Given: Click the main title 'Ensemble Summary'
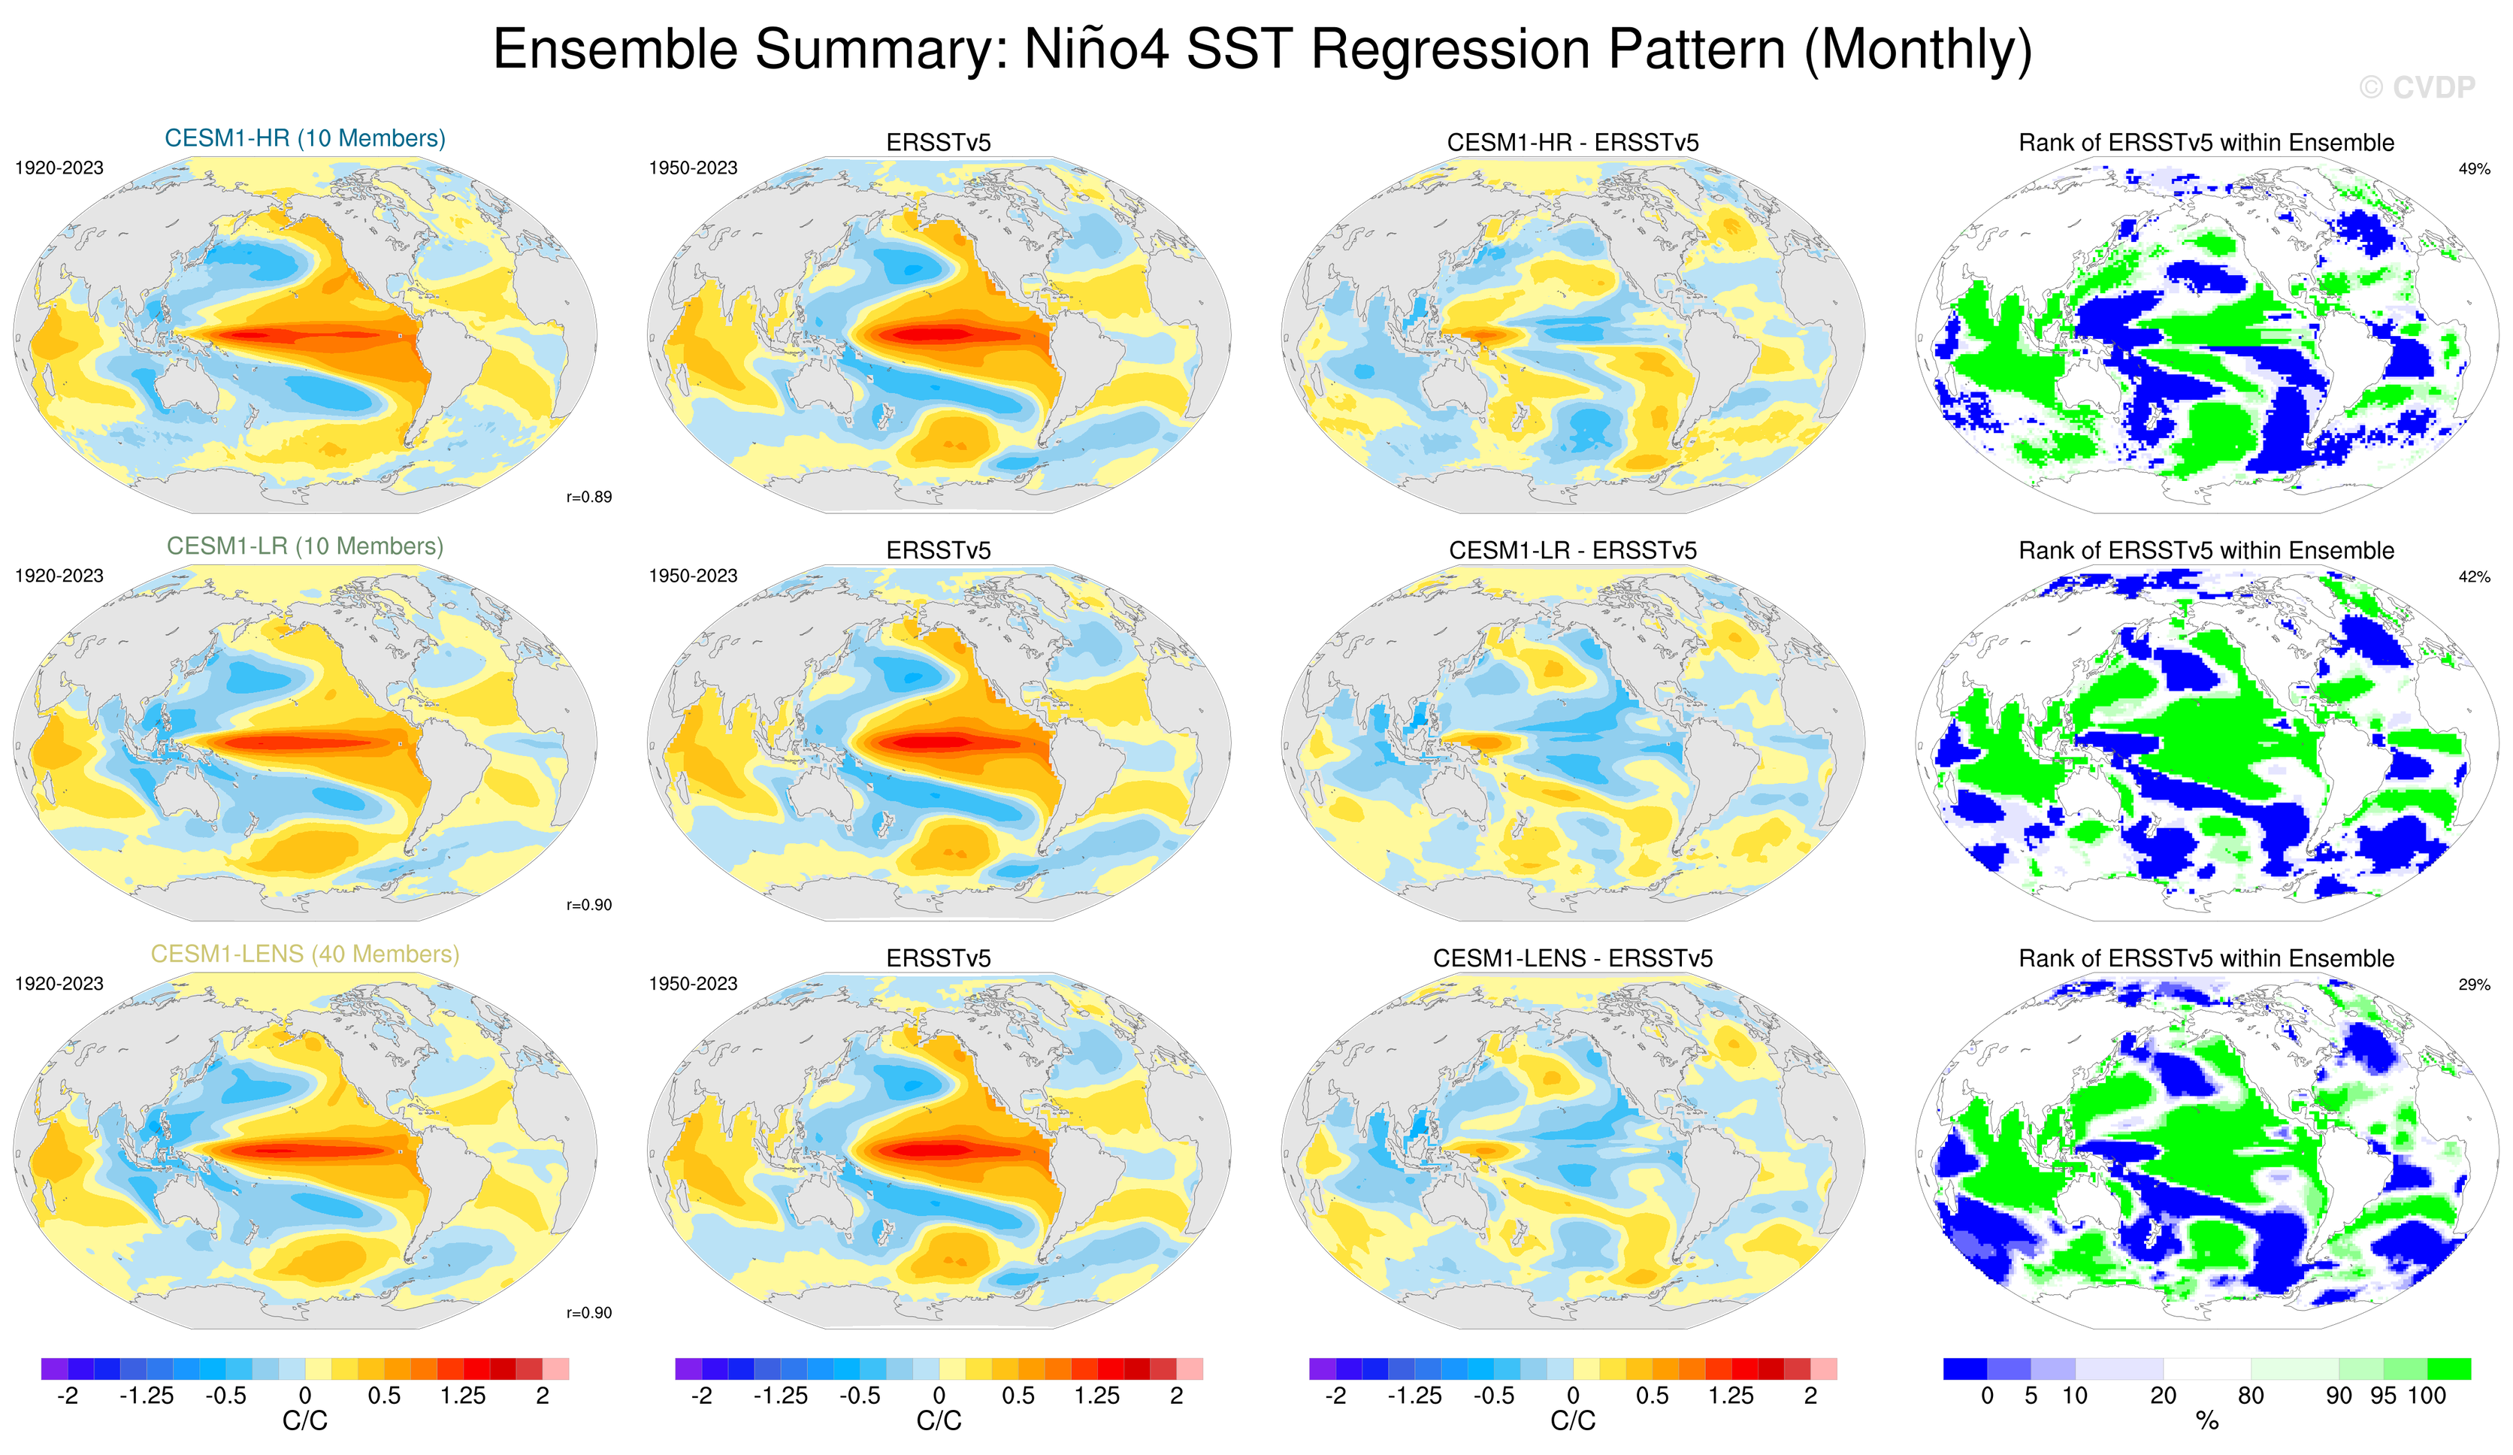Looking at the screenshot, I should (1262, 50).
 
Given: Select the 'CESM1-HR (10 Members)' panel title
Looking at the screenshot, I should (305, 138).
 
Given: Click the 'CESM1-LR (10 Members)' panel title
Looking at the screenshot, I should (305, 546).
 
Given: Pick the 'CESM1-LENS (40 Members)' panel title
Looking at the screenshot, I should (305, 954).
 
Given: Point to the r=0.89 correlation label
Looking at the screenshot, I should (588, 497).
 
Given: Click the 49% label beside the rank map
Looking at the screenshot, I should (2474, 168).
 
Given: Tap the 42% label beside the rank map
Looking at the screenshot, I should (2474, 576).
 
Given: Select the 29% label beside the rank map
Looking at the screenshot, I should (2474, 985).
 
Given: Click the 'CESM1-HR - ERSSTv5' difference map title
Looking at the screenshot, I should (1573, 143).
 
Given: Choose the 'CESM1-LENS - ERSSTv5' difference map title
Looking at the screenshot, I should (1573, 958).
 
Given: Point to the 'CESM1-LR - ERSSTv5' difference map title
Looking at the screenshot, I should (1573, 550).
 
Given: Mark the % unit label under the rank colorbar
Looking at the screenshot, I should (2207, 1421).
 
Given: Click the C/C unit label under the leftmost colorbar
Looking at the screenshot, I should (305, 1421).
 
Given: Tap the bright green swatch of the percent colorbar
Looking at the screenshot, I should (2449, 1369).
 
